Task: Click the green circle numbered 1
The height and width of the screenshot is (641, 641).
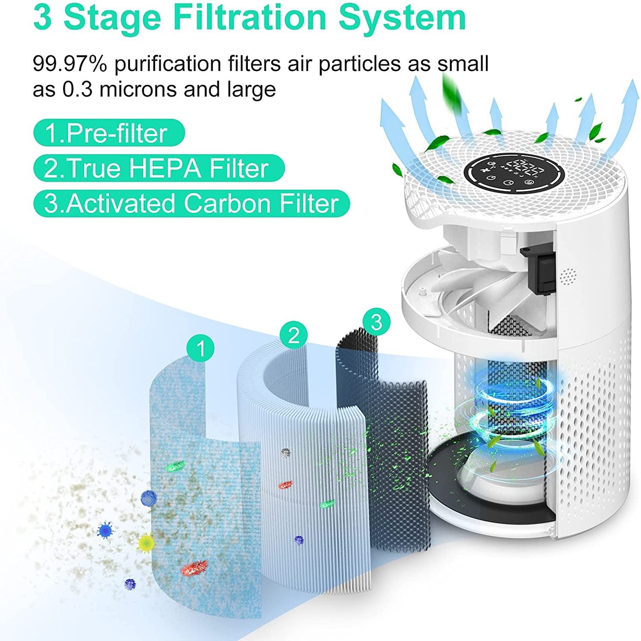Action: point(200,349)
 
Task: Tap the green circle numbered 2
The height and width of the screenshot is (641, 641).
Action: point(293,336)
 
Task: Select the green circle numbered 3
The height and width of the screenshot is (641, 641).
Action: point(376,322)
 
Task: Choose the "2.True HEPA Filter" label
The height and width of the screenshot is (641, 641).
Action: point(159,168)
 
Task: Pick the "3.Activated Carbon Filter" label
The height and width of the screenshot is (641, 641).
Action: point(191,203)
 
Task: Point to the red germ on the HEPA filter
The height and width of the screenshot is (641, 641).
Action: point(285,484)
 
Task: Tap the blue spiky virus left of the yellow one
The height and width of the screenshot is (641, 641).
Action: point(105,530)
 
